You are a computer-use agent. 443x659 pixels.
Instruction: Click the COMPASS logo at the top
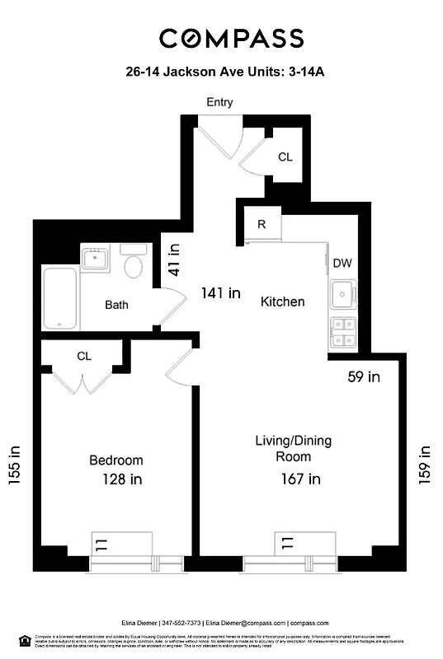[x=231, y=38]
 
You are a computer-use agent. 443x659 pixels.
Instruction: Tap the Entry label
[x=219, y=103]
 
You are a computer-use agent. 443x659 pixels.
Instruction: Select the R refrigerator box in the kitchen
[x=261, y=224]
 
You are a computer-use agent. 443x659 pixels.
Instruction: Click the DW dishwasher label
[x=342, y=264]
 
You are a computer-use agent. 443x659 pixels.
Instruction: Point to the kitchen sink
[x=342, y=295]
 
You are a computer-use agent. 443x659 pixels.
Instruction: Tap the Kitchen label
[x=282, y=301]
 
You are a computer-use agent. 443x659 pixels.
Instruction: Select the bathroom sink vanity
[x=98, y=259]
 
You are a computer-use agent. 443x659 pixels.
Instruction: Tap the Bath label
[x=116, y=305]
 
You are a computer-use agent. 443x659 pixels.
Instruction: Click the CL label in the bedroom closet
[x=83, y=357]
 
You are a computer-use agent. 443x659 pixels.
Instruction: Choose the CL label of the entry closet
[x=285, y=157]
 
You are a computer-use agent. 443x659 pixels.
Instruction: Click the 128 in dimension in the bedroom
[x=120, y=479]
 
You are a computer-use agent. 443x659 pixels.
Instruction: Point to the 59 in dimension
[x=362, y=377]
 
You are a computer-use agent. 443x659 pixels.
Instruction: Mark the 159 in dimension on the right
[x=425, y=465]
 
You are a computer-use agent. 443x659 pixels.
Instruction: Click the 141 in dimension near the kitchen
[x=222, y=292]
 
